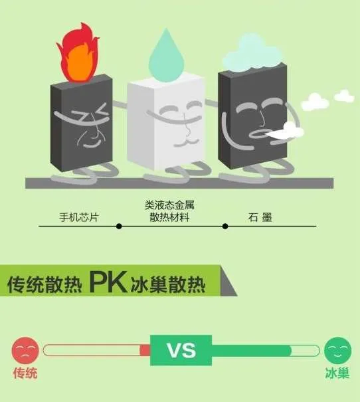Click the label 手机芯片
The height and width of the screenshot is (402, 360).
coord(79,217)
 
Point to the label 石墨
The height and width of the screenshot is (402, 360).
coord(260,217)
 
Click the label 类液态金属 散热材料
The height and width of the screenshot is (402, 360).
coord(169,211)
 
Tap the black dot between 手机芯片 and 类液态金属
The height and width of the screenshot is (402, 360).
coord(119,226)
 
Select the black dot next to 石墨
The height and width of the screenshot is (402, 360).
coord(225,226)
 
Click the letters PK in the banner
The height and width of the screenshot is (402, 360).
coord(108,282)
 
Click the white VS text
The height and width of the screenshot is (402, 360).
coord(181,350)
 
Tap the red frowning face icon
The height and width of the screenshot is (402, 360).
coord(25,350)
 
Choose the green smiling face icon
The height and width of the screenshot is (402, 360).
coord(337,350)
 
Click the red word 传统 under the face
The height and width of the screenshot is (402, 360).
coord(25,373)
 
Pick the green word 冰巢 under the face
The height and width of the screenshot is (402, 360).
coord(337,373)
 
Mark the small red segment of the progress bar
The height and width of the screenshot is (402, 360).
coord(145,350)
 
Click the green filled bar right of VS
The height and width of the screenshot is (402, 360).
coord(251,350)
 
